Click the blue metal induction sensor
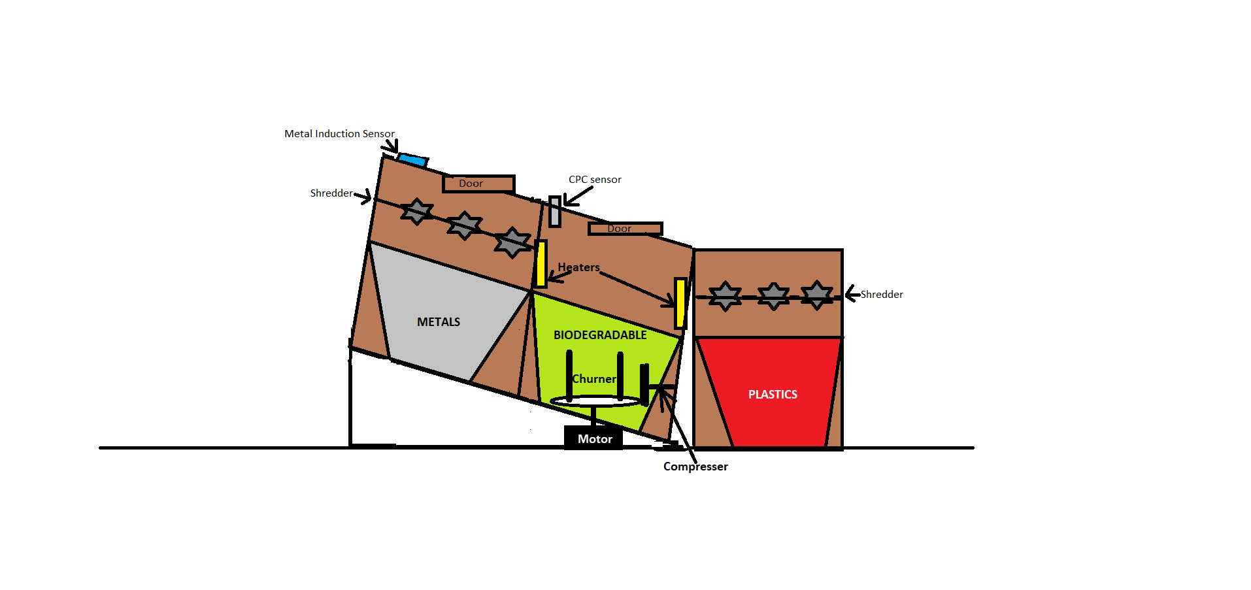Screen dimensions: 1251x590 point(412,159)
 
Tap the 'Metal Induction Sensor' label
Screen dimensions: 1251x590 point(339,134)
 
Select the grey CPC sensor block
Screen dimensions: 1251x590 point(555,212)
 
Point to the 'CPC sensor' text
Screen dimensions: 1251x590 point(595,180)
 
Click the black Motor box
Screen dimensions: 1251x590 point(594,438)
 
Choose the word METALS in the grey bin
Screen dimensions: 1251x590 point(439,322)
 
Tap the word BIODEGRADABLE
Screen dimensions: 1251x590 point(600,335)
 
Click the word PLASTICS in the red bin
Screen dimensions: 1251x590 point(773,395)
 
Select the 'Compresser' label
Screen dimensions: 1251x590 point(695,467)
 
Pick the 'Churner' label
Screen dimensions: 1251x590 point(594,379)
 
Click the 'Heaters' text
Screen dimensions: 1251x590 point(578,267)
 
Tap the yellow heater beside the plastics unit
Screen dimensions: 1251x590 point(680,303)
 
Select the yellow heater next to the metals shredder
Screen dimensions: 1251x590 point(541,264)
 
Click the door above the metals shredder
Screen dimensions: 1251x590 point(478,184)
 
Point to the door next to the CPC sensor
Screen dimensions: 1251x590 point(625,229)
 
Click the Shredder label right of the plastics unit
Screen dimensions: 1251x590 point(882,295)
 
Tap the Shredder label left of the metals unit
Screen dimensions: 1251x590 point(331,193)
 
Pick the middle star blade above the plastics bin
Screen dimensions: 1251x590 point(773,296)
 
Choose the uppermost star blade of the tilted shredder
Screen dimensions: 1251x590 point(416,211)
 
